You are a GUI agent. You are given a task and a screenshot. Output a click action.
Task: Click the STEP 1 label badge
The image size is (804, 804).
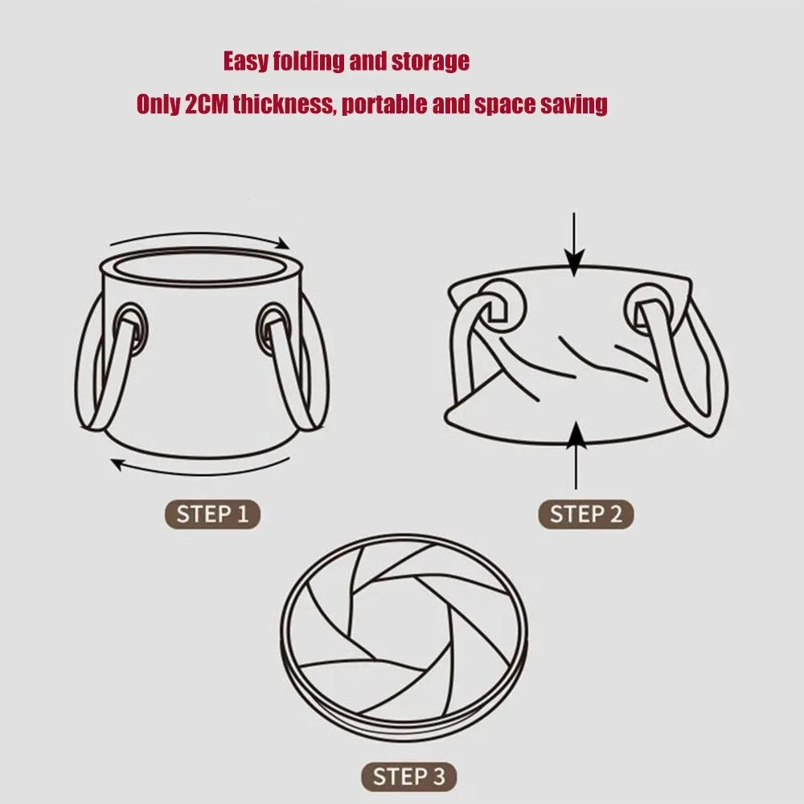click(x=213, y=515)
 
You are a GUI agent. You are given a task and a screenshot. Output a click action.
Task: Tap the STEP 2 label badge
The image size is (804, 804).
click(x=585, y=515)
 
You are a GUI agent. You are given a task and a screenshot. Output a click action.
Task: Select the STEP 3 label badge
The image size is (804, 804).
click(x=408, y=777)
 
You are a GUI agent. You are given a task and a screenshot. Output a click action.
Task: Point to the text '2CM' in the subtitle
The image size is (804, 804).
click(x=206, y=105)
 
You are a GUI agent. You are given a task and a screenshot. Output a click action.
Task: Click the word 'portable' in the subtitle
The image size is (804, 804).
click(x=384, y=105)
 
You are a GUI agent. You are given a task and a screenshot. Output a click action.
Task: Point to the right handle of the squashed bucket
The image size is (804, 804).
click(x=687, y=370)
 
